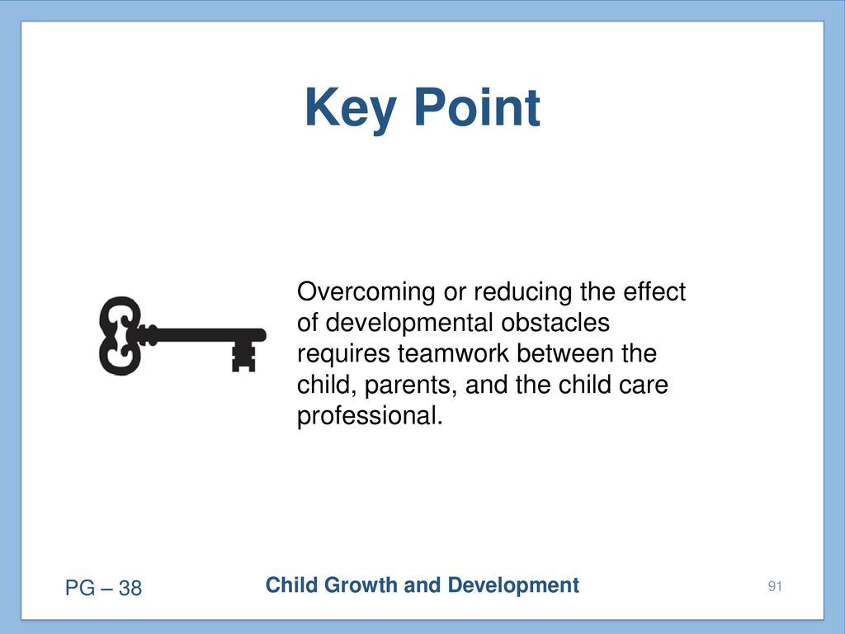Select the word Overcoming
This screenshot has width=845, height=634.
point(366,292)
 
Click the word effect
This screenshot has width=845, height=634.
point(654,291)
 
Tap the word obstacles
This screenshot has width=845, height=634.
point(555,323)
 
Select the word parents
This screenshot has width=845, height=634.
point(411,386)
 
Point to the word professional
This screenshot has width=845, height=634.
point(370,416)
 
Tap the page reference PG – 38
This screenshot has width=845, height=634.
point(103,588)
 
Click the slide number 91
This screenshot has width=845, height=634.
point(775,587)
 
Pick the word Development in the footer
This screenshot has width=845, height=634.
point(513,585)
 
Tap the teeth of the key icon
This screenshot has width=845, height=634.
point(243,357)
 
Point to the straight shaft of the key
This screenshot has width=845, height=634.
point(205,335)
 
